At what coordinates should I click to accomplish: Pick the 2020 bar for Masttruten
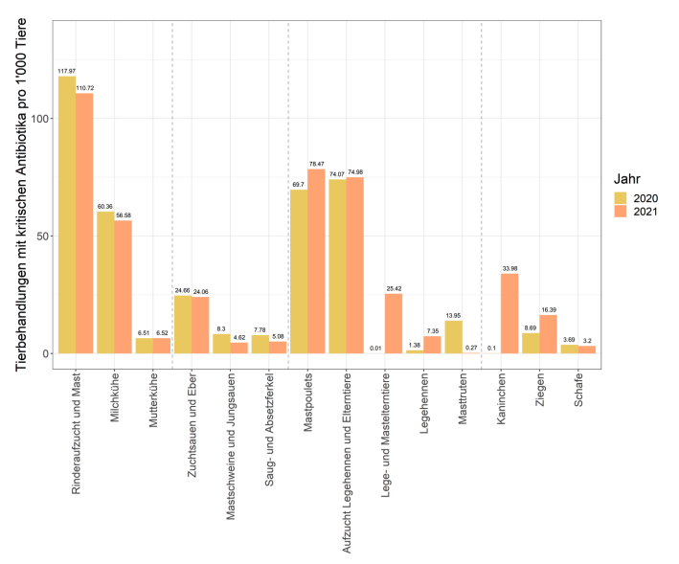(453, 337)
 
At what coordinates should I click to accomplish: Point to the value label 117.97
(67, 72)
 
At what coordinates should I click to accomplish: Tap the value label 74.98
(355, 172)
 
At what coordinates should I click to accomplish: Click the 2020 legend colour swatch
(622, 197)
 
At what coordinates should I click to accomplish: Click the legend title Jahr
(628, 178)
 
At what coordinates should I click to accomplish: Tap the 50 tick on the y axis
(38, 236)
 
